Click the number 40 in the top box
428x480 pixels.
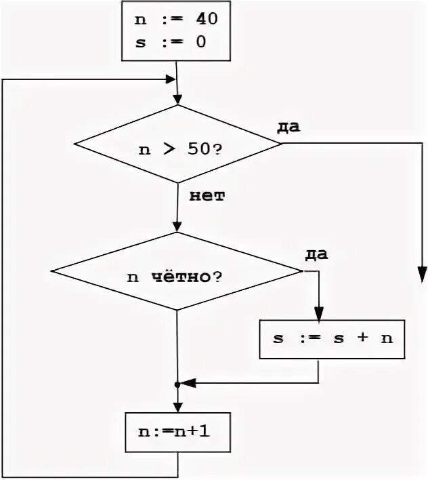206,20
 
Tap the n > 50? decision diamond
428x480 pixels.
177,144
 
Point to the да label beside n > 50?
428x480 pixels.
289,127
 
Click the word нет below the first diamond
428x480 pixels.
202,197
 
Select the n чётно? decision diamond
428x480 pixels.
177,272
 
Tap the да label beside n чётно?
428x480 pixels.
316,254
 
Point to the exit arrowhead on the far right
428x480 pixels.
422,273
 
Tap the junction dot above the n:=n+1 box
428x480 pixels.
177,384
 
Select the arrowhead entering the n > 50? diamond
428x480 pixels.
177,100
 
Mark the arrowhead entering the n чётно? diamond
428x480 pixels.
177,227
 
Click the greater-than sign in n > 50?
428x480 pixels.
167,149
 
